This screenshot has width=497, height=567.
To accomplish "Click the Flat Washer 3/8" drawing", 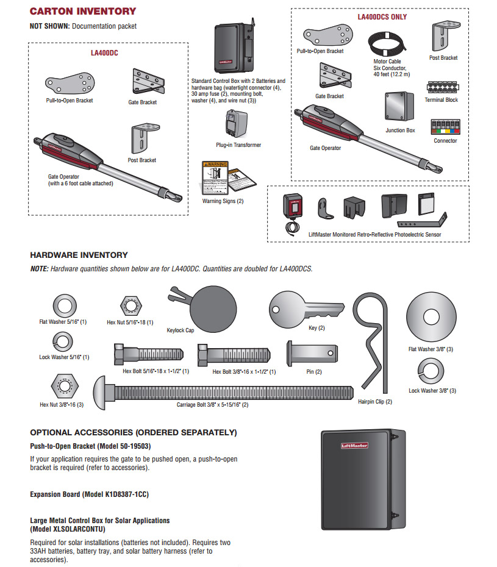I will tap(432, 316).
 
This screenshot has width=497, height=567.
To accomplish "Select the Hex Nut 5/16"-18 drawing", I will tap(130, 305).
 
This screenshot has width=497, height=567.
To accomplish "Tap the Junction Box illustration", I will tap(400, 108).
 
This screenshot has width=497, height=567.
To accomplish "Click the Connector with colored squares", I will tap(445, 127).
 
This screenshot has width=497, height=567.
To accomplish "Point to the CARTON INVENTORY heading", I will tap(83, 11).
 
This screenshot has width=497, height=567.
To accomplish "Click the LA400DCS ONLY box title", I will tap(382, 16).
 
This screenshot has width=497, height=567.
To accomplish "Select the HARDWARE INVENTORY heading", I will tap(79, 255).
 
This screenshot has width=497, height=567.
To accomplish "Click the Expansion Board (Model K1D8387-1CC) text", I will tap(89, 494).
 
